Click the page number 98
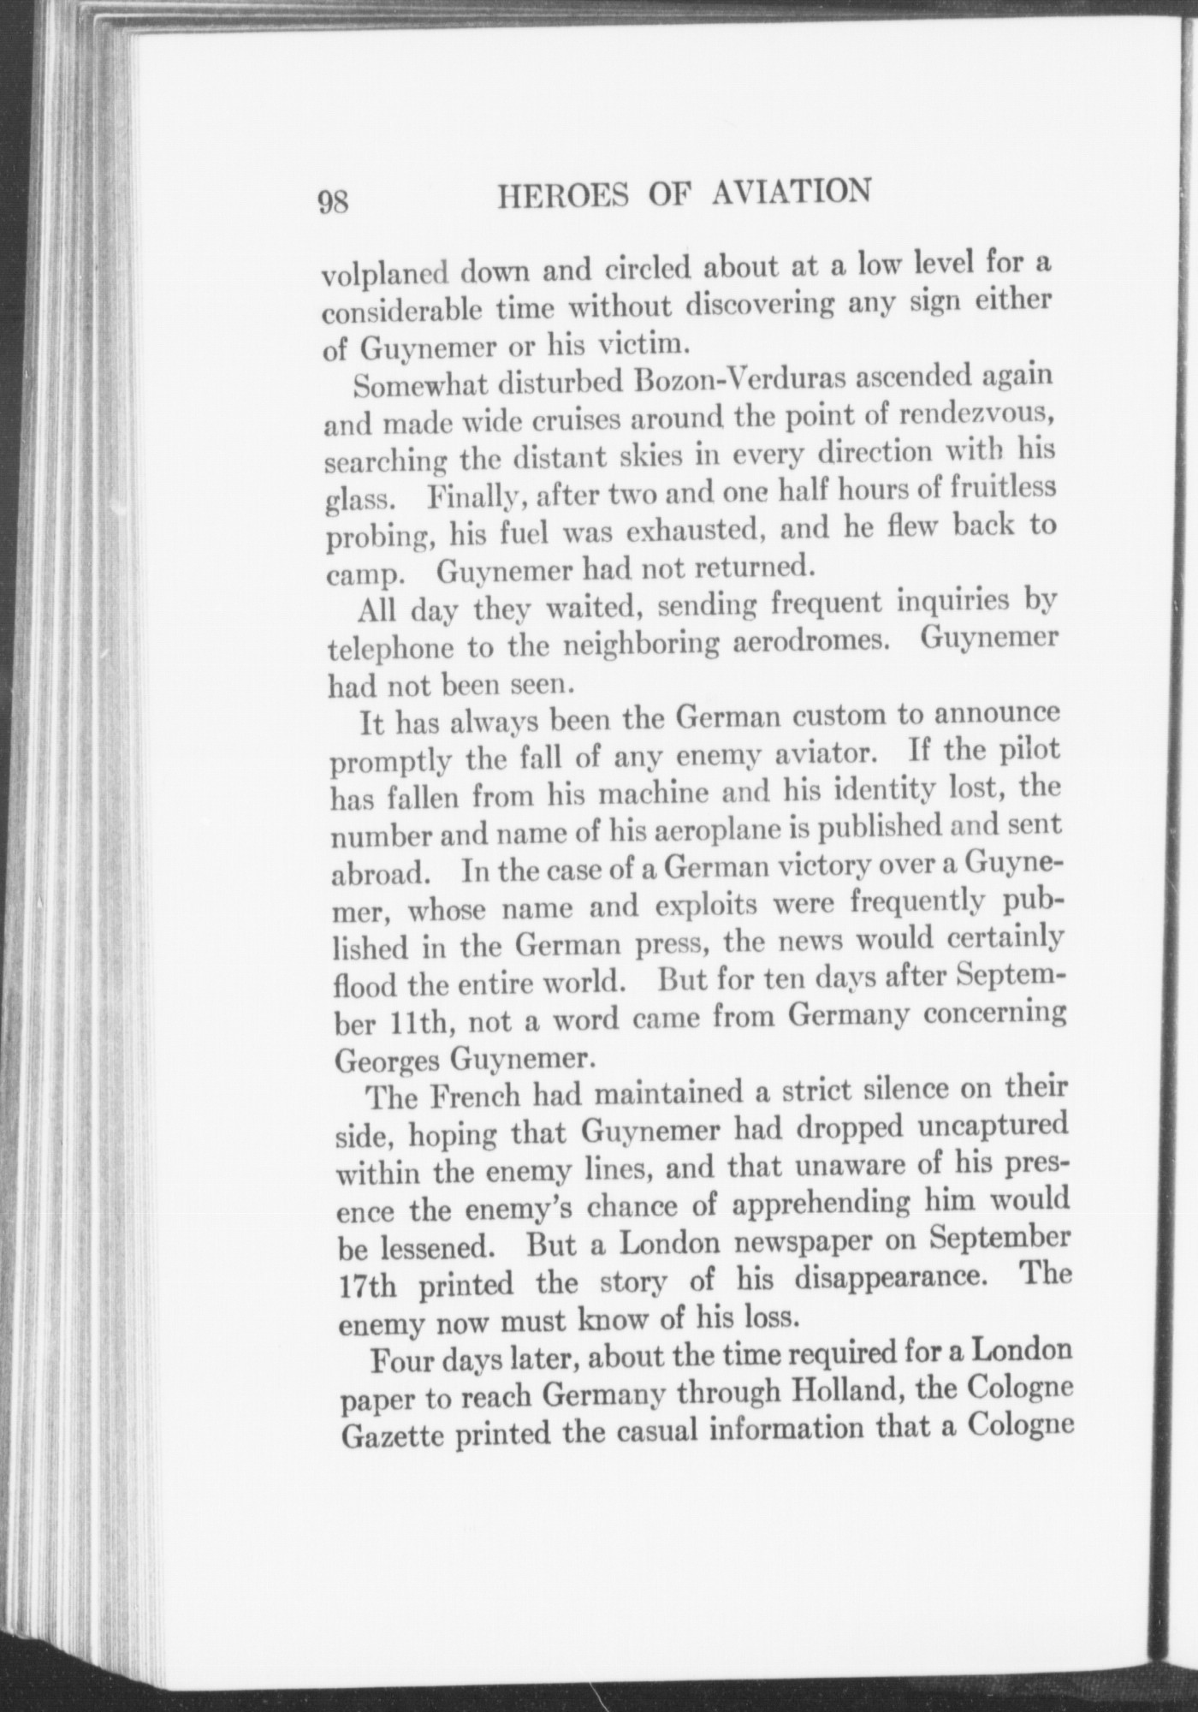(333, 203)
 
